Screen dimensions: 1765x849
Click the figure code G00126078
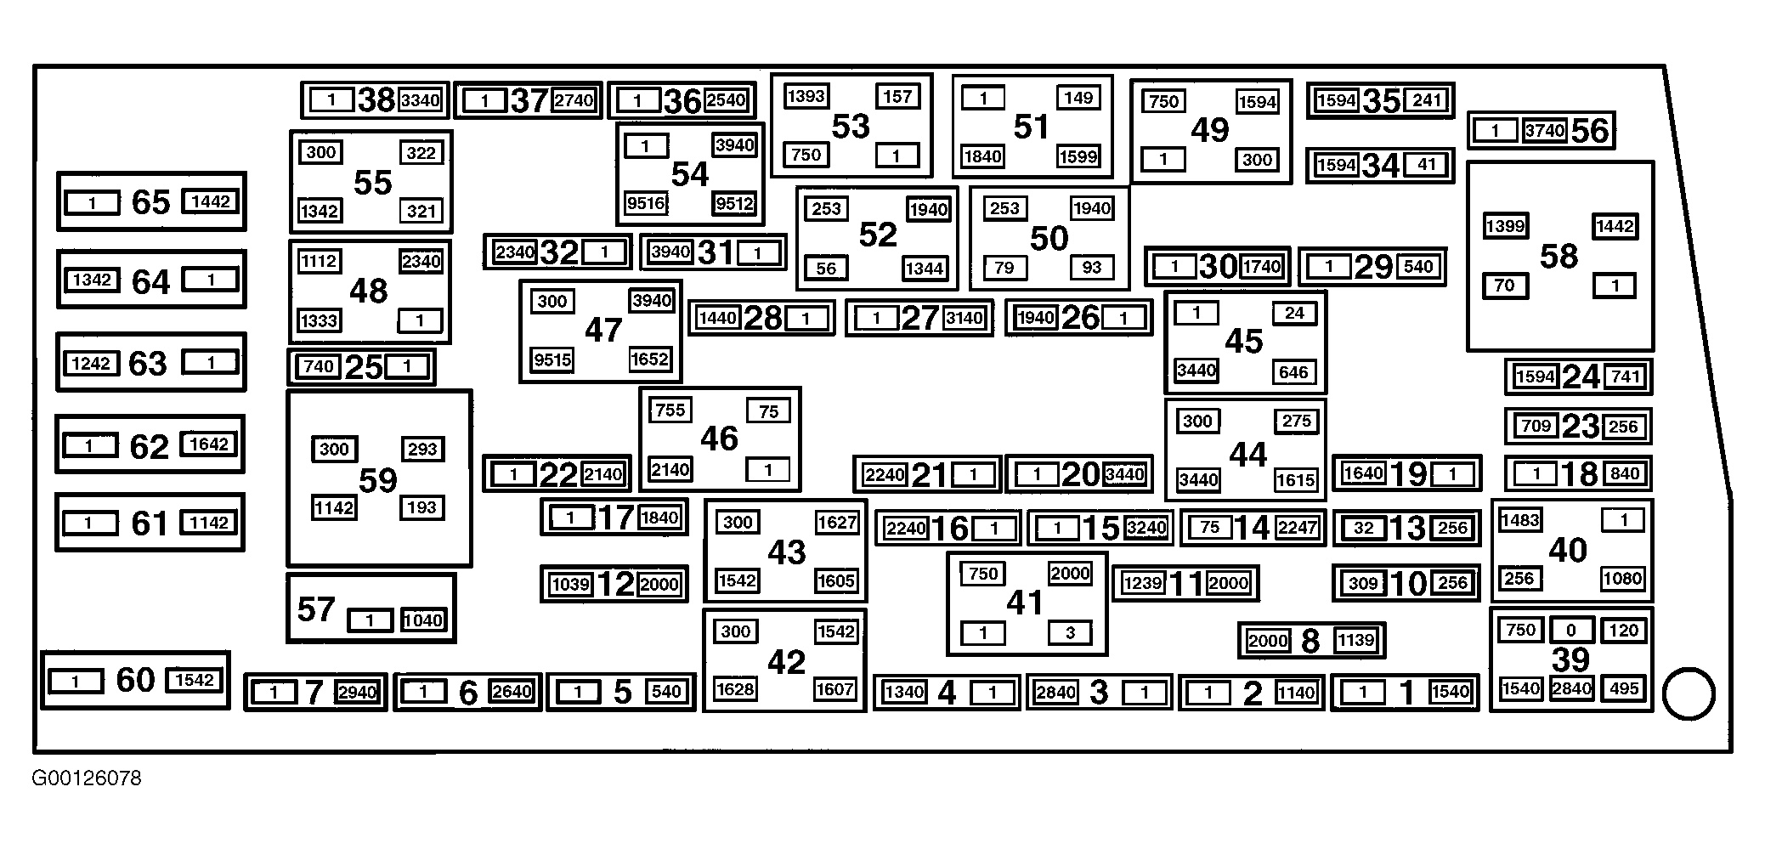pos(87,778)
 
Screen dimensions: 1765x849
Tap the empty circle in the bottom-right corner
pos(1688,695)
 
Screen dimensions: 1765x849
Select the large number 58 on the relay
pos(1559,256)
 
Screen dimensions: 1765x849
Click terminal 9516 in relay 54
pos(646,203)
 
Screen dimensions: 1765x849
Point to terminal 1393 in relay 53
pos(806,96)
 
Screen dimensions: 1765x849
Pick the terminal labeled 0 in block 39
pos(1571,630)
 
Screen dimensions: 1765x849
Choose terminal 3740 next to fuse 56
pos(1544,131)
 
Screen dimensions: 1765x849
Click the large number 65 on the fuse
pos(150,202)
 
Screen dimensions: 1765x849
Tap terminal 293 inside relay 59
pos(421,449)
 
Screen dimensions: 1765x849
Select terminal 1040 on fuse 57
pos(422,620)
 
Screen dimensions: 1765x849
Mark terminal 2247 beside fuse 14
pos(1297,528)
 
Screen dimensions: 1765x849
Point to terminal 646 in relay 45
pos(1293,372)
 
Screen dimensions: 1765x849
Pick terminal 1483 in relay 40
pos(1520,519)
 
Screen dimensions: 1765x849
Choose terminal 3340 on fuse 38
pos(421,100)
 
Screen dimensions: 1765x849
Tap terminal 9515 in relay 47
pos(552,359)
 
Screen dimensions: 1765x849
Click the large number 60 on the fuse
pos(135,680)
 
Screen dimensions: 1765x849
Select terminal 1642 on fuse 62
pos(209,444)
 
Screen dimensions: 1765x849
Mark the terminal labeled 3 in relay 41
pos(1070,632)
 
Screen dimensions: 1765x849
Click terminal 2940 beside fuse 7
pos(357,692)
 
